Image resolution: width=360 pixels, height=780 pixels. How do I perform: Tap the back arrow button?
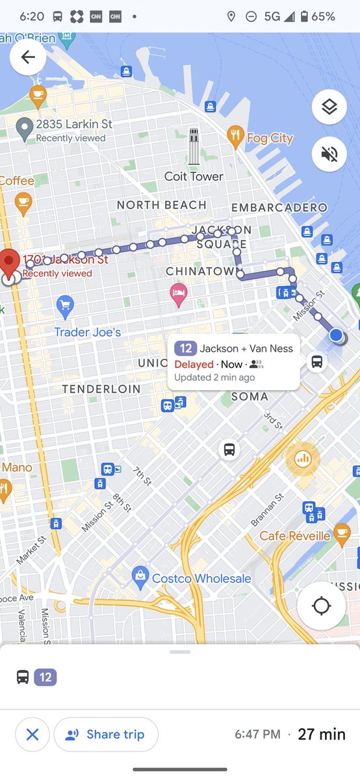[x=28, y=57]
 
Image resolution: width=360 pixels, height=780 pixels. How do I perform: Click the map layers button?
[x=329, y=107]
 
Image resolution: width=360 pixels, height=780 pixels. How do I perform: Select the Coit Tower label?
[x=194, y=176]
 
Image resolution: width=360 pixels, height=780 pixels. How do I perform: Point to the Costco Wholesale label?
[x=201, y=578]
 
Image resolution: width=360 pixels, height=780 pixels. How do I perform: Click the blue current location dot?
[x=335, y=335]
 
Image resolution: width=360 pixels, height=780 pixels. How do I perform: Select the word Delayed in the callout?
[x=194, y=365]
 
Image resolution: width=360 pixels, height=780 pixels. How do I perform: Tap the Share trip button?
[x=106, y=734]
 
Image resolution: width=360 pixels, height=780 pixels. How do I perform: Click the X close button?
[x=32, y=734]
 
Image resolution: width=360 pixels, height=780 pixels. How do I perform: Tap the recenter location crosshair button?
[x=321, y=606]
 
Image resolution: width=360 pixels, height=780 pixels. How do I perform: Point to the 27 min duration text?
[x=322, y=734]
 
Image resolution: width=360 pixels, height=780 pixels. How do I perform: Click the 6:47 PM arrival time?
[x=257, y=734]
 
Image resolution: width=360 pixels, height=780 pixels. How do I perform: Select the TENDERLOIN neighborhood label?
[x=101, y=389]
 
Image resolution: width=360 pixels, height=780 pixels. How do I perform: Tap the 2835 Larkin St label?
[x=73, y=123]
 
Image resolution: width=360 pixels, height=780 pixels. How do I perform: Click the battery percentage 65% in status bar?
[x=323, y=16]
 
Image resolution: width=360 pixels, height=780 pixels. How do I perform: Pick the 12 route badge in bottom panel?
[x=45, y=677]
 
